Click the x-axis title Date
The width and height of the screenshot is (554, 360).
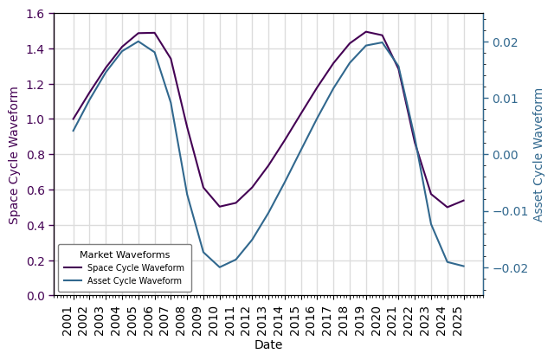point(268,345)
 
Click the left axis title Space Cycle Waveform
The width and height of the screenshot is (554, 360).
point(14,155)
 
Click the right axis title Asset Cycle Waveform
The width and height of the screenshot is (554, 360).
point(538,155)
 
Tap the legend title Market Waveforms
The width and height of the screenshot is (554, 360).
point(125,254)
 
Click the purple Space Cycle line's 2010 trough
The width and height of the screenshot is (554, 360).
point(220,207)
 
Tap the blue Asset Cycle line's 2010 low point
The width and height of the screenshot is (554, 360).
point(220,267)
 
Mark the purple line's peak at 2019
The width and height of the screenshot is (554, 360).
point(366,32)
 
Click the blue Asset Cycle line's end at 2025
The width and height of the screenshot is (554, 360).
point(464,267)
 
